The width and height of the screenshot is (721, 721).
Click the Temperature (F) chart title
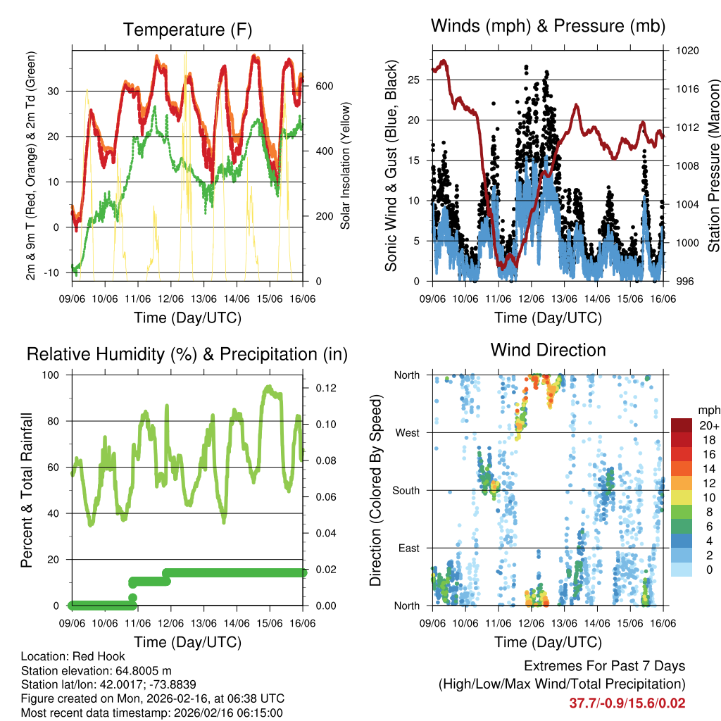[x=187, y=30]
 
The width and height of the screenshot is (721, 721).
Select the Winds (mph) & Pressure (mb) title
[x=548, y=27]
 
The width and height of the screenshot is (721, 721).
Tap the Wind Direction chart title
[x=548, y=350]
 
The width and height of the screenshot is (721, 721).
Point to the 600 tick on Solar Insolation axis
[x=323, y=86]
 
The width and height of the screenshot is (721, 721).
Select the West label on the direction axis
[x=407, y=432]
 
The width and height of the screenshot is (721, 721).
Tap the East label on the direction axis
[x=408, y=548]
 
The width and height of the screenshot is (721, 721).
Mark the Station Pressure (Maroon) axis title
[x=713, y=165]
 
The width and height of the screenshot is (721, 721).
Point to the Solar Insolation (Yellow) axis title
[x=345, y=165]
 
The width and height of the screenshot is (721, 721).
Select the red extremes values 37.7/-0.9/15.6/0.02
[x=627, y=703]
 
